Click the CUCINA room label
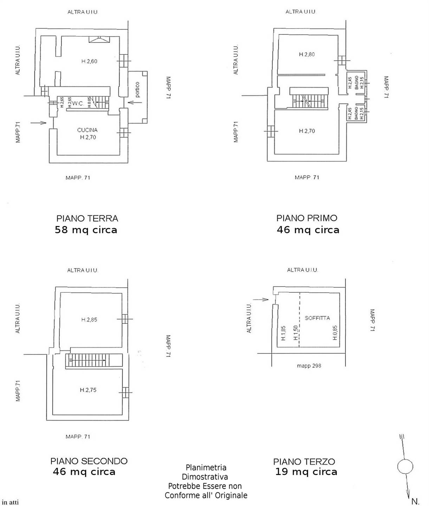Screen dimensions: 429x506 87,130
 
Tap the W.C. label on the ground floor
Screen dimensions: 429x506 78,104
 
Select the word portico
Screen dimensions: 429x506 137,90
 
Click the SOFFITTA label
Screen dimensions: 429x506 317,318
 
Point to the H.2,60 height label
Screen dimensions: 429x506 89,61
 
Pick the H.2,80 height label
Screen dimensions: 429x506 307,54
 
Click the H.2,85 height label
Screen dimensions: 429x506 89,319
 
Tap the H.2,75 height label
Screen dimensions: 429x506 88,390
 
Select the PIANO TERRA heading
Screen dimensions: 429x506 87,218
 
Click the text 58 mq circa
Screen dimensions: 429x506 86,230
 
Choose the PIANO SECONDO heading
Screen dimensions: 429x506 89,461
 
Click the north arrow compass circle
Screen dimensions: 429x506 405,467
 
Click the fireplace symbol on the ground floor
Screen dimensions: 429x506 99,39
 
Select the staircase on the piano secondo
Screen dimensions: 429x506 94,360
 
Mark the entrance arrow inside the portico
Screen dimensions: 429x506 135,102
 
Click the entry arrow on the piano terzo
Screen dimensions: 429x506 261,299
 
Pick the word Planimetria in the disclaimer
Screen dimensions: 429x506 206,467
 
